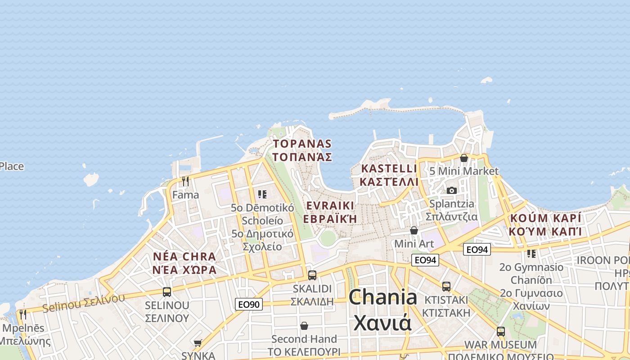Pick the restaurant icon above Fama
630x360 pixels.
[x=185, y=181]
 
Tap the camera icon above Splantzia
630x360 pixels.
[x=452, y=190]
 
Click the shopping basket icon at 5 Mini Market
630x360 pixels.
[x=463, y=158]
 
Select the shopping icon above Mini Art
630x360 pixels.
[x=414, y=230]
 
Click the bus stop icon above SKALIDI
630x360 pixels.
[x=312, y=275]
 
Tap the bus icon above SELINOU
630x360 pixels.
[x=167, y=292]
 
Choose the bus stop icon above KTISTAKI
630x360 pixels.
[x=446, y=286]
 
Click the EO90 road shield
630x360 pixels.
[x=248, y=304]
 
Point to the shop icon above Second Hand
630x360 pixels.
[x=304, y=325]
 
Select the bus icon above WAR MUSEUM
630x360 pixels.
[x=500, y=332]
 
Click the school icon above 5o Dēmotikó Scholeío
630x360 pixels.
[x=262, y=194]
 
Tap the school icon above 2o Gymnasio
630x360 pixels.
[x=531, y=254]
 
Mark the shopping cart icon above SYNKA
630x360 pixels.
[x=198, y=343]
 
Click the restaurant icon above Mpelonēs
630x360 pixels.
[x=22, y=314]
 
